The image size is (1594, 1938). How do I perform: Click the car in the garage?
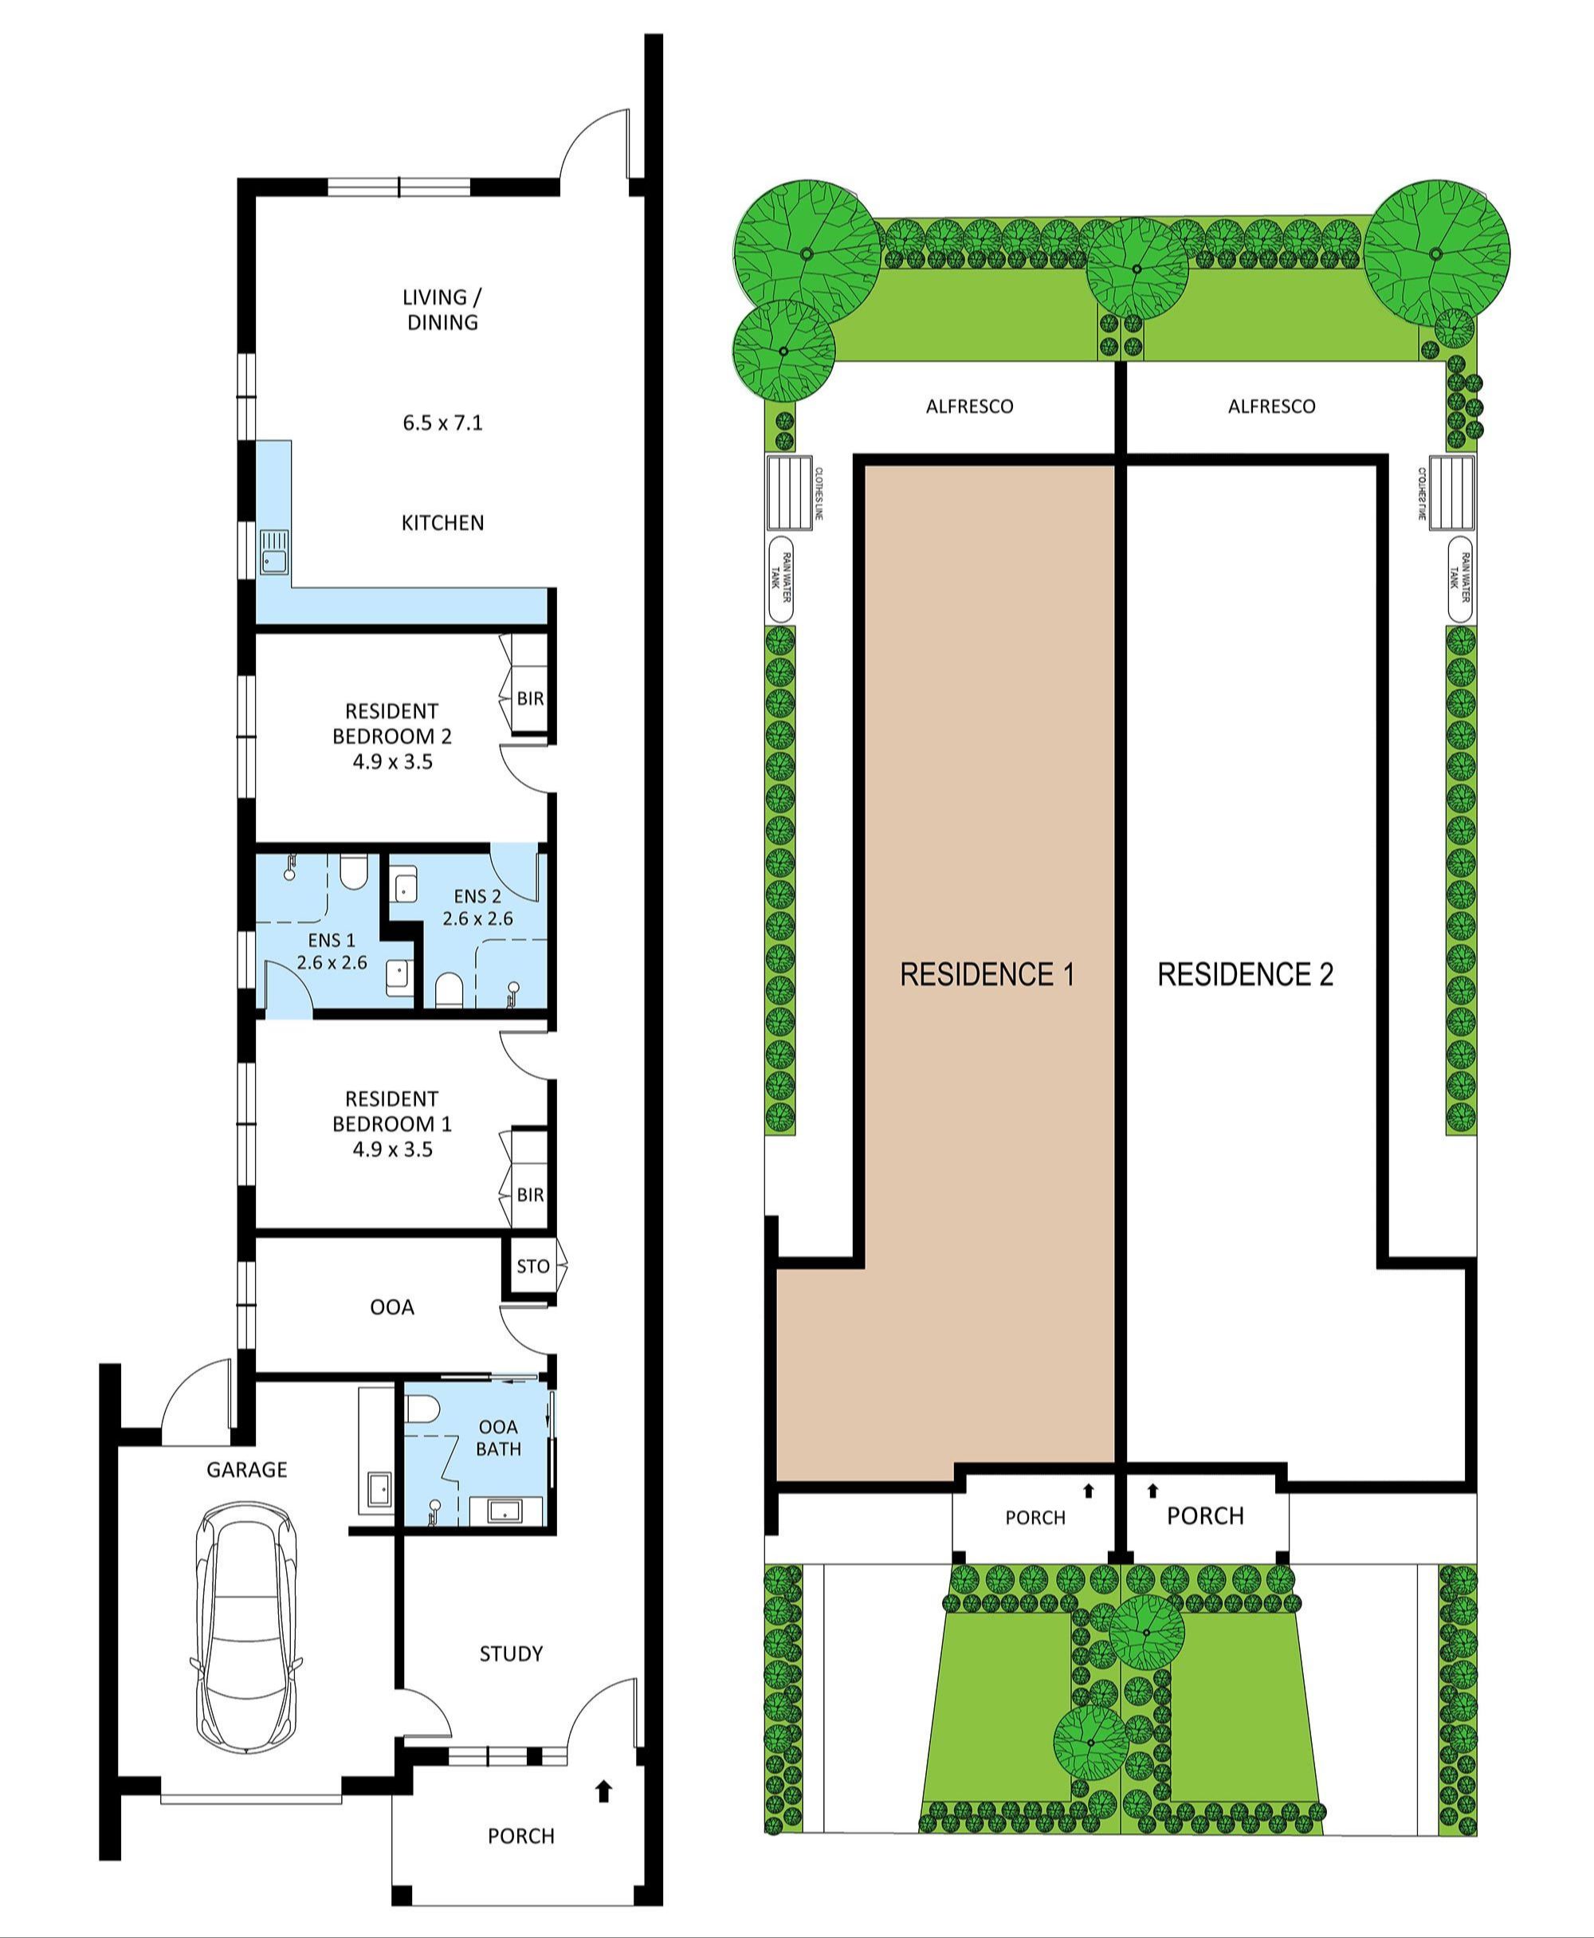pyautogui.click(x=245, y=1629)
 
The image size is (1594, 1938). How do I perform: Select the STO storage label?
pyautogui.click(x=532, y=1267)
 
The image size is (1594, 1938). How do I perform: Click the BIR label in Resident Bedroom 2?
pyautogui.click(x=530, y=698)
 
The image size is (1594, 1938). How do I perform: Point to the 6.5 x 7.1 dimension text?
pyautogui.click(x=442, y=423)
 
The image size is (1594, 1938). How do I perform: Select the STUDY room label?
pyautogui.click(x=511, y=1654)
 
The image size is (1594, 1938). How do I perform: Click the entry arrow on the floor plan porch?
pyautogui.click(x=603, y=1791)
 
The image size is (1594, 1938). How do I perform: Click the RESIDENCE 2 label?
pyautogui.click(x=1244, y=974)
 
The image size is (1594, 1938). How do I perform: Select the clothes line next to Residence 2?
pyautogui.click(x=1451, y=493)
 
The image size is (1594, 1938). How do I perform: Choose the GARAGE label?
pyautogui.click(x=246, y=1469)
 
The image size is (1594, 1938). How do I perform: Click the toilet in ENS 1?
pyautogui.click(x=352, y=873)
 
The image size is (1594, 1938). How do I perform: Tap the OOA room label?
pyautogui.click(x=391, y=1307)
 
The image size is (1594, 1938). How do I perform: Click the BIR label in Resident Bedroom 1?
pyautogui.click(x=530, y=1195)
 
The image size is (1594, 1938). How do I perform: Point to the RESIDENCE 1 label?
pyautogui.click(x=986, y=974)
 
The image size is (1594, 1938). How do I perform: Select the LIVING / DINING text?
pyautogui.click(x=442, y=309)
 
